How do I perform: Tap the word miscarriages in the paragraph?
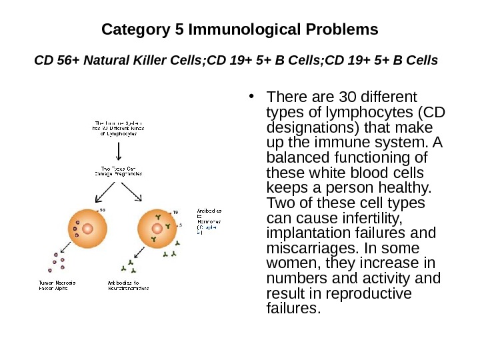click(303, 247)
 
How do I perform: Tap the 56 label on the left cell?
click(103, 210)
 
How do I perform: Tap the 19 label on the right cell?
click(176, 212)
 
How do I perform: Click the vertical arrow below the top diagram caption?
click(119, 152)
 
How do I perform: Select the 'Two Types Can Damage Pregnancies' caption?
click(119, 171)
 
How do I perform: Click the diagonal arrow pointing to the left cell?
click(105, 192)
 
